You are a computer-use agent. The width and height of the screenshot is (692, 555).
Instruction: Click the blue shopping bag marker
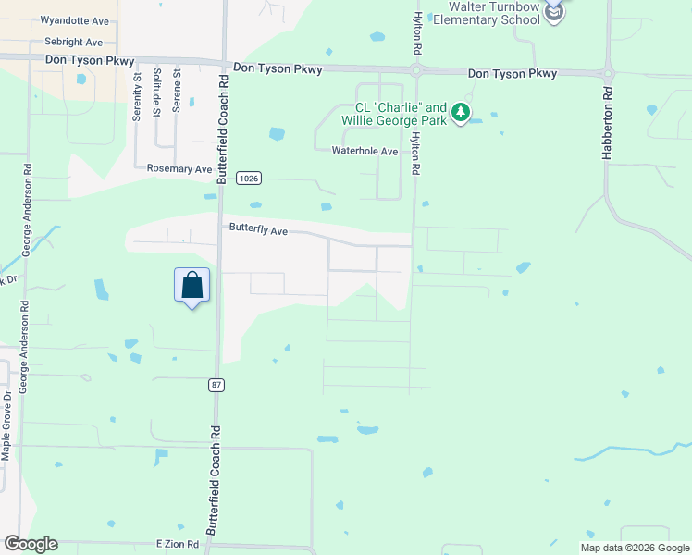coord(192,286)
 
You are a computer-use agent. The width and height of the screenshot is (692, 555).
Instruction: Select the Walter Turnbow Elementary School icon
coord(553,13)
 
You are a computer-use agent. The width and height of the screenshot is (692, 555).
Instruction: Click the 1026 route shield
coord(246,177)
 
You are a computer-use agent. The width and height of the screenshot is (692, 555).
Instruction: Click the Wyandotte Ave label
coord(74,20)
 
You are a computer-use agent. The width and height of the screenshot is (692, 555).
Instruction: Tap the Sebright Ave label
coord(74,43)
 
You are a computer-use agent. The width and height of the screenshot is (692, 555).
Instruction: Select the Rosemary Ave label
coord(179,169)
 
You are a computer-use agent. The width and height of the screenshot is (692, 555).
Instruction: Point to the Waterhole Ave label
coord(365,152)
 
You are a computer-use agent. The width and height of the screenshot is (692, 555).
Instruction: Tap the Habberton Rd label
coord(608,124)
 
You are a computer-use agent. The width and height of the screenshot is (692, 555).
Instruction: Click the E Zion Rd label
coord(178,545)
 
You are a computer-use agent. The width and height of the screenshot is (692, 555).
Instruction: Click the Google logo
coord(31,544)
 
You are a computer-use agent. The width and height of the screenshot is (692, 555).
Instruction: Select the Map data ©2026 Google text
coord(635,548)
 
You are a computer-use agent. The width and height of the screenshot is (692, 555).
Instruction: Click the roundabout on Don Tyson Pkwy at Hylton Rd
coord(416,70)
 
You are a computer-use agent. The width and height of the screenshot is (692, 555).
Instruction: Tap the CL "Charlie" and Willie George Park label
coord(394,113)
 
